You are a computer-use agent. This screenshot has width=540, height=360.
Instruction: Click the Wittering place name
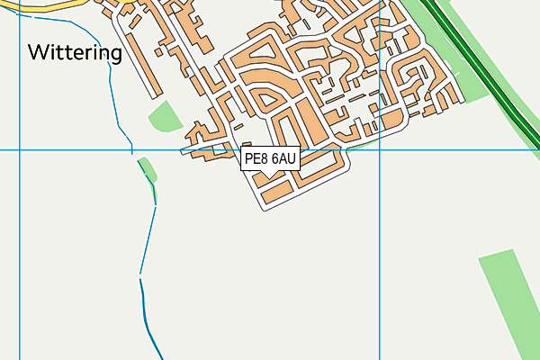point(75,52)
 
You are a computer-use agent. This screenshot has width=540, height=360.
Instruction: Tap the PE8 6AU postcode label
point(270,159)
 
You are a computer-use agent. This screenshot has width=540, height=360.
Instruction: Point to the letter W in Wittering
point(38,52)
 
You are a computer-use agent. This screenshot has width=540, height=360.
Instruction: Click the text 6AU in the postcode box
point(283,159)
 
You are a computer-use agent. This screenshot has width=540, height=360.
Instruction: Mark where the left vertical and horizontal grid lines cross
point(20,150)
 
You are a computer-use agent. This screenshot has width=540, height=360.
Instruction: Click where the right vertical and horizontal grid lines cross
point(381,150)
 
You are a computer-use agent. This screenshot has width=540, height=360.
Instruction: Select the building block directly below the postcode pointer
point(274,190)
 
